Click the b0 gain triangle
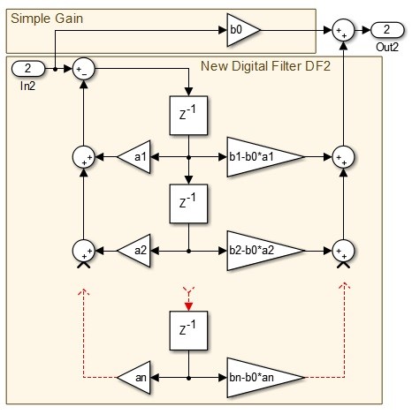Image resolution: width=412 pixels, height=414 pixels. [241, 30]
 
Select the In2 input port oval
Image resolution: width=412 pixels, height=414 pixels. [28, 69]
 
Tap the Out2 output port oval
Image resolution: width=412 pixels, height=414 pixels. [387, 30]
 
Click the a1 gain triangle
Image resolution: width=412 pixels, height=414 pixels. [135, 157]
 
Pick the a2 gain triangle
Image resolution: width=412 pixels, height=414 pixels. [135, 251]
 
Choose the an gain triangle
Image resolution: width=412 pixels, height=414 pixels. [135, 377]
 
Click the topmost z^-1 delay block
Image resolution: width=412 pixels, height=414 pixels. [188, 116]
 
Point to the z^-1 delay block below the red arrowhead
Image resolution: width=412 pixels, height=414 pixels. [188, 331]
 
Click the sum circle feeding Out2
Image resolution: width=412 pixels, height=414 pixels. [343, 30]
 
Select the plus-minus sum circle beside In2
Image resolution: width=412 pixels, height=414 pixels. [84, 69]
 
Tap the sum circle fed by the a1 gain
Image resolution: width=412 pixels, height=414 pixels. [84, 157]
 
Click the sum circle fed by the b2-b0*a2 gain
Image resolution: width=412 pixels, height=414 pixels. [343, 251]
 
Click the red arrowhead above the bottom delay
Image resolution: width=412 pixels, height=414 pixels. [188, 306]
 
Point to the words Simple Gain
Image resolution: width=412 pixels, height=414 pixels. [47, 19]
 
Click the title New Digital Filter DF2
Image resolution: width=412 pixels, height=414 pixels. [265, 66]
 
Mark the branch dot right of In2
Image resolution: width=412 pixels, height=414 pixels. [55, 69]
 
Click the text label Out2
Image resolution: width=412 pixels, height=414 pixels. [387, 47]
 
